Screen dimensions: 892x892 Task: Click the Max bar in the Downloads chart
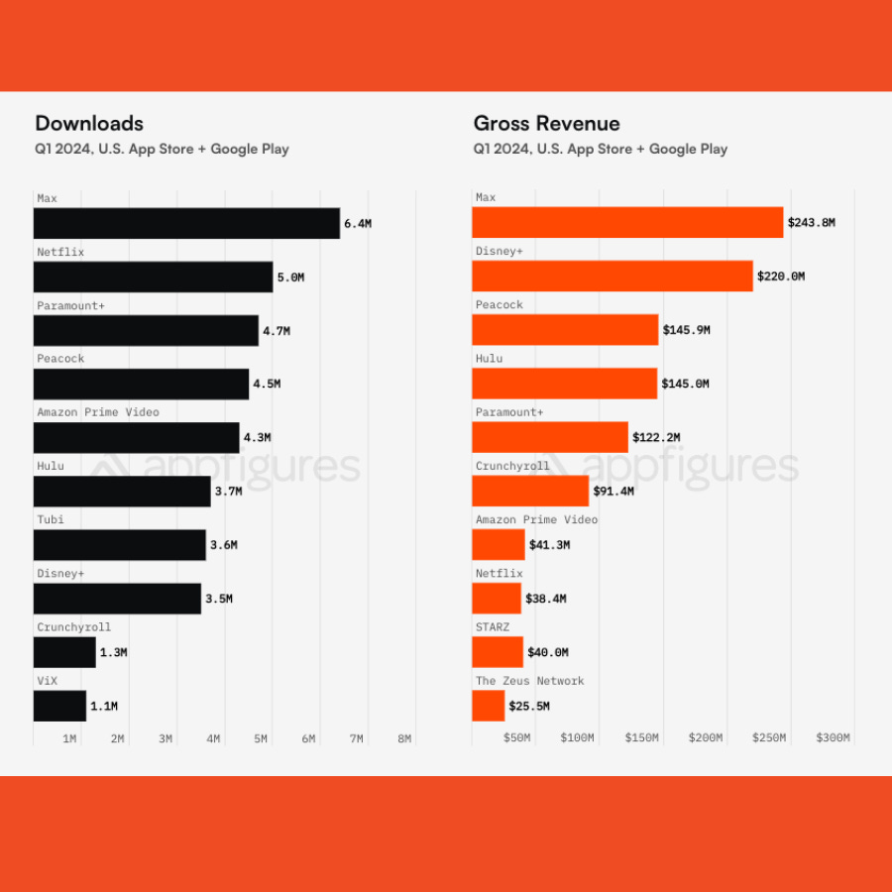click(x=186, y=223)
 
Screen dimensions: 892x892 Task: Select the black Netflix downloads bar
click(x=153, y=277)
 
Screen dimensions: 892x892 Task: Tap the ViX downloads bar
click(x=59, y=706)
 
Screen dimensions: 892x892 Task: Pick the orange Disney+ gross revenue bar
click(x=613, y=276)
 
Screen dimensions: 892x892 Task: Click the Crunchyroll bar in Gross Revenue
click(x=530, y=491)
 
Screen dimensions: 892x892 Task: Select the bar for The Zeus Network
click(x=489, y=706)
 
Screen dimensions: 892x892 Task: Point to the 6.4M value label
click(x=358, y=224)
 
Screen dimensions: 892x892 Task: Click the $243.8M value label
click(x=811, y=223)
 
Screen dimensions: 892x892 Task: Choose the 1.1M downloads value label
click(x=104, y=707)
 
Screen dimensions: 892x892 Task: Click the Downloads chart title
click(x=89, y=124)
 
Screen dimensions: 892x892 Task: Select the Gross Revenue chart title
click(x=546, y=124)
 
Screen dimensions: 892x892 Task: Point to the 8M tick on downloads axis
click(x=404, y=738)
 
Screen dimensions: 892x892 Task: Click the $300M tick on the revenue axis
click(x=833, y=737)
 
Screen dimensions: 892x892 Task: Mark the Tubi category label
click(x=51, y=519)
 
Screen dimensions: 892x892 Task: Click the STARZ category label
click(x=492, y=626)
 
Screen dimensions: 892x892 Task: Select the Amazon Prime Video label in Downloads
click(x=97, y=412)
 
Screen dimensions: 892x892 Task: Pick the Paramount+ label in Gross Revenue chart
click(x=508, y=412)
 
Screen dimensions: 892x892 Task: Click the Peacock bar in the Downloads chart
click(x=142, y=384)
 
